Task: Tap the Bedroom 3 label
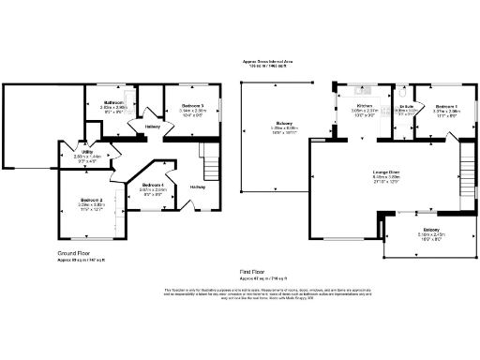pos(192,105)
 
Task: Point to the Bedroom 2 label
pos(91,201)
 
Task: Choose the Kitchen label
pos(365,106)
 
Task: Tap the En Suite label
pos(406,107)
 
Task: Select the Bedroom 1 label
pos(446,106)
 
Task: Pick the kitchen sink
pos(361,91)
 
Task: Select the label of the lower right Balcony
pos(431,230)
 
